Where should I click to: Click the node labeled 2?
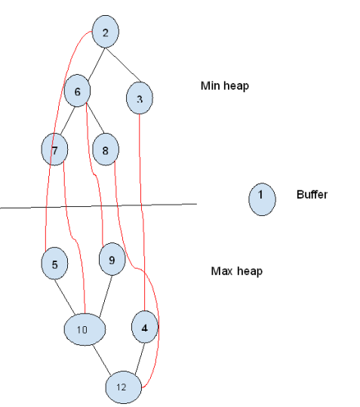click(105, 32)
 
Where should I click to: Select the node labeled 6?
click(78, 91)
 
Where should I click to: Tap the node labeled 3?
click(140, 99)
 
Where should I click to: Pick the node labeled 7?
click(55, 150)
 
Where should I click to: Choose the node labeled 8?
click(106, 150)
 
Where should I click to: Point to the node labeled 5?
click(54, 264)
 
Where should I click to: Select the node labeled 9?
click(112, 260)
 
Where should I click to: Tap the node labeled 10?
click(84, 329)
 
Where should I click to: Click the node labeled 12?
click(122, 387)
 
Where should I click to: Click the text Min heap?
click(224, 86)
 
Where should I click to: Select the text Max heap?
click(236, 271)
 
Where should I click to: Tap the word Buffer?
click(312, 195)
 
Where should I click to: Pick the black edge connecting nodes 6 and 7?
click(66, 121)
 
